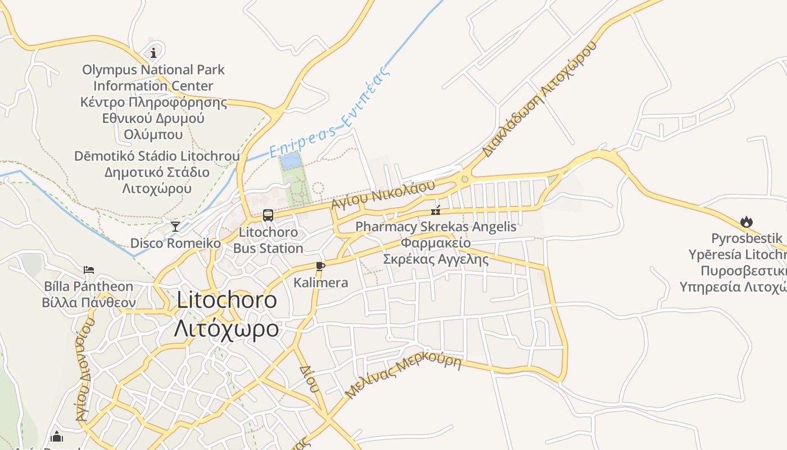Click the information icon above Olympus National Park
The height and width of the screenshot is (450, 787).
click(153, 53)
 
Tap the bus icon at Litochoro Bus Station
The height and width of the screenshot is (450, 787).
click(268, 215)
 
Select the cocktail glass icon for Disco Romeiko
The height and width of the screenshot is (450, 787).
click(175, 227)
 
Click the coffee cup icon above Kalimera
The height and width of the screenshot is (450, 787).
click(320, 266)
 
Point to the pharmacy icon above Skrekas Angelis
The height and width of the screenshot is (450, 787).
click(436, 211)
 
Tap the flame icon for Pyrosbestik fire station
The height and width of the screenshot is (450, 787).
click(747, 222)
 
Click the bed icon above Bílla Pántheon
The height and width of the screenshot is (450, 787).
click(89, 270)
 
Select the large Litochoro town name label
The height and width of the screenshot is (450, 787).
click(227, 300)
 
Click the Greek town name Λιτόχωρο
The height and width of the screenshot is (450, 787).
click(226, 328)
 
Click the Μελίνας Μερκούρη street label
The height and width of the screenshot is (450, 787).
click(403, 375)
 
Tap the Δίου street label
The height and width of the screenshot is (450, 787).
click(310, 379)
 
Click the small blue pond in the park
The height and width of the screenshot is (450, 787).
click(291, 161)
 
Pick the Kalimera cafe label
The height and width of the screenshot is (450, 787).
click(320, 282)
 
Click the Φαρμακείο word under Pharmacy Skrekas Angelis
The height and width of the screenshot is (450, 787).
click(436, 243)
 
